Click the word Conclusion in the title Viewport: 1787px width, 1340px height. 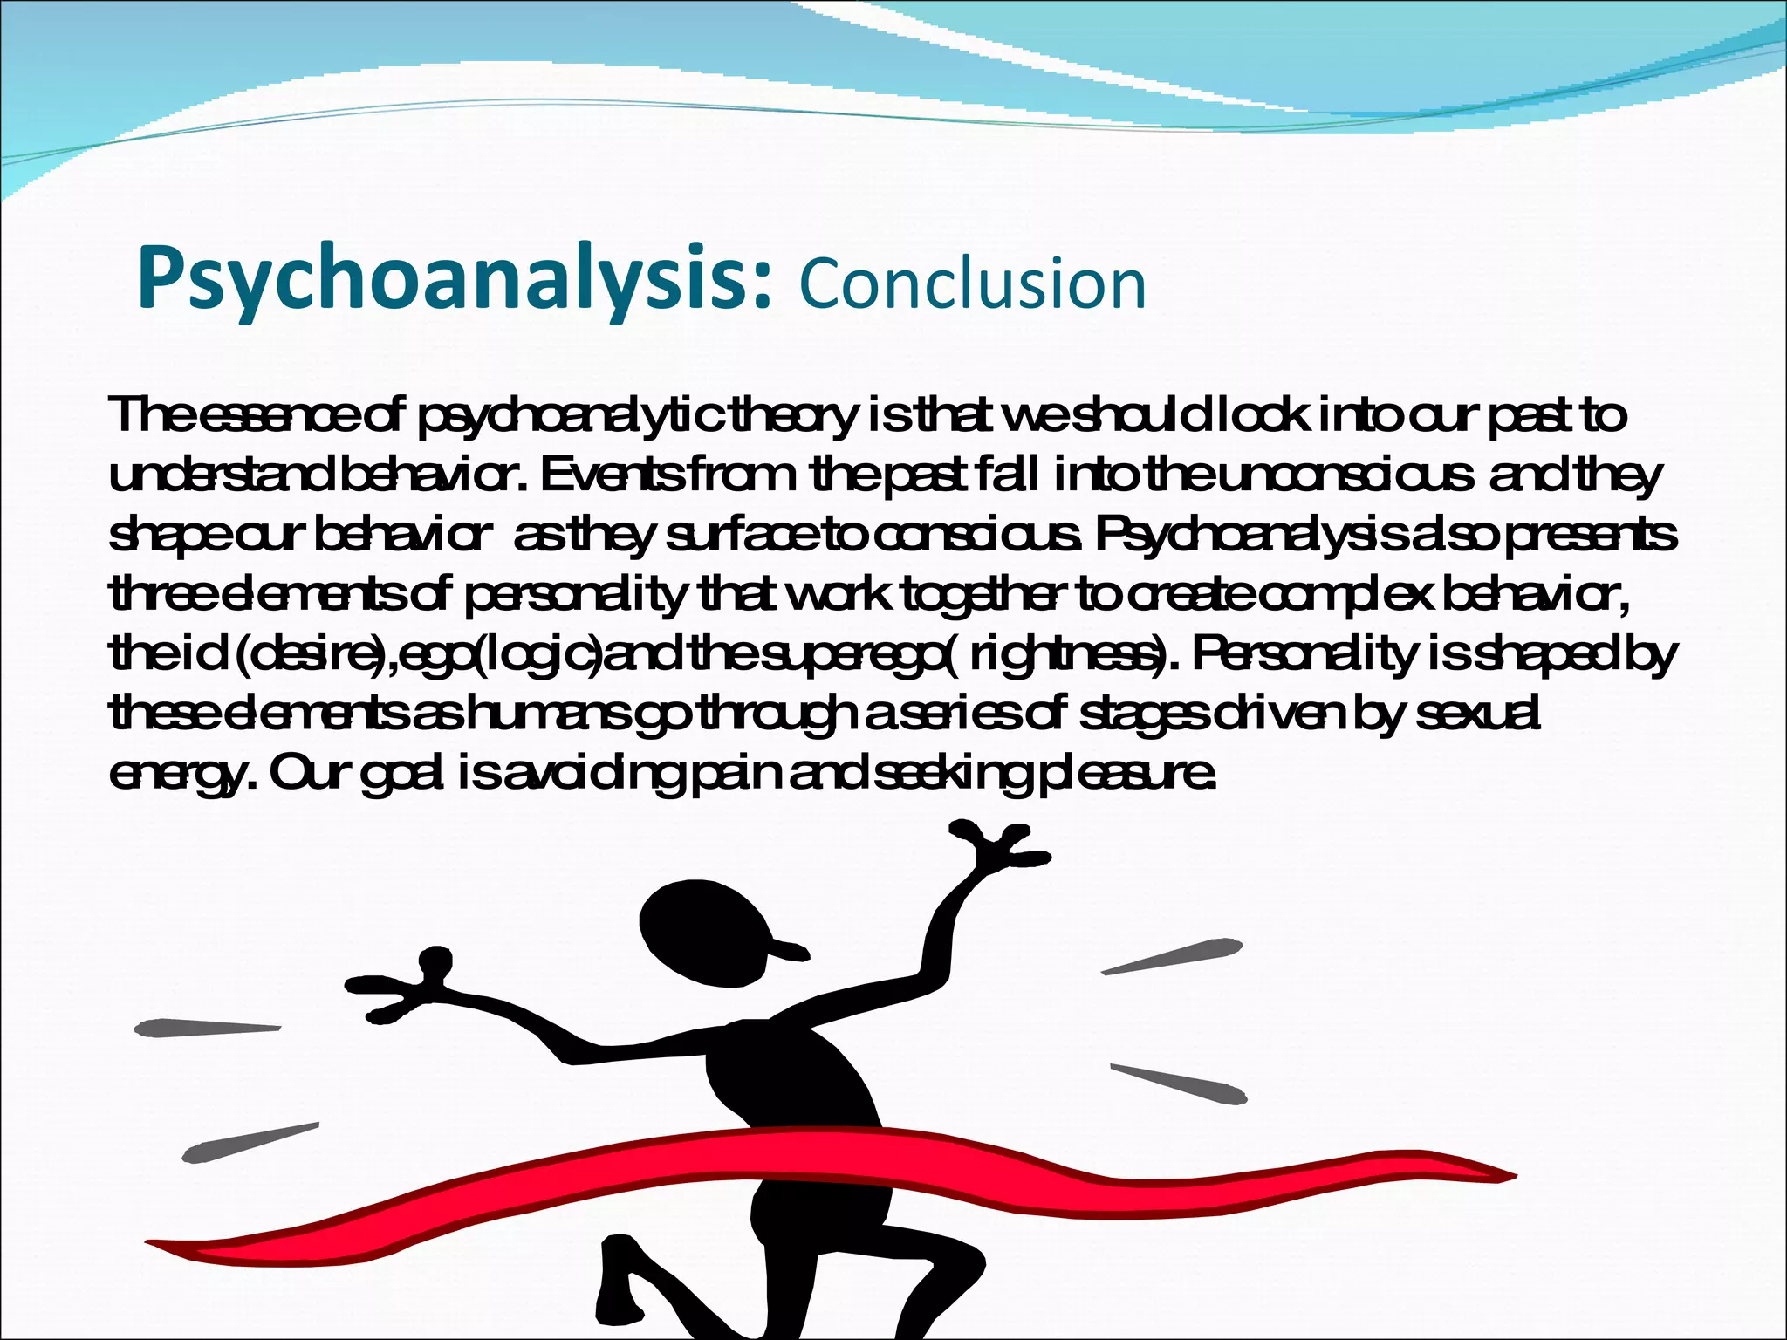(x=972, y=284)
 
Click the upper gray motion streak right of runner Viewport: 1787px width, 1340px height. (x=1174, y=956)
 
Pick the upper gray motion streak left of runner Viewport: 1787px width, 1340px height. (x=205, y=1028)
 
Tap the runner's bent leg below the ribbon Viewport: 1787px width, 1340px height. (x=641, y=1282)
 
